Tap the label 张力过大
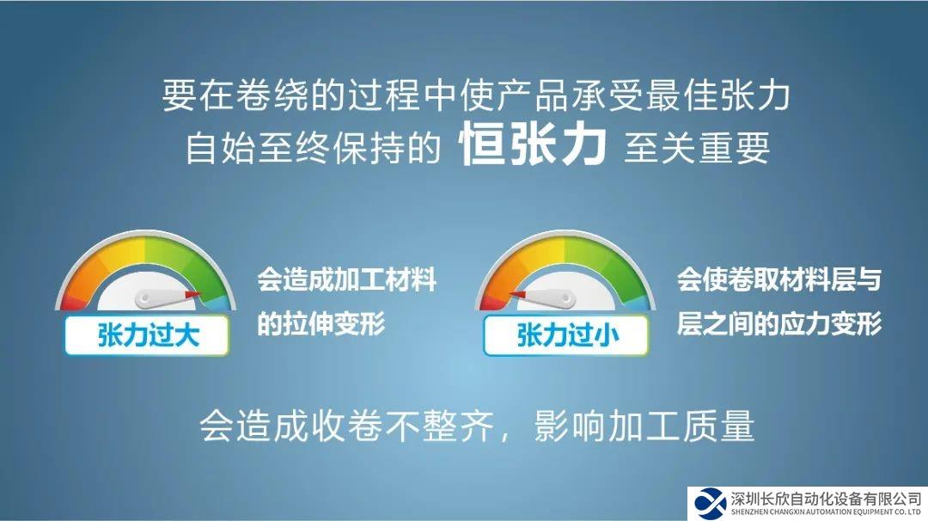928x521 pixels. click(148, 335)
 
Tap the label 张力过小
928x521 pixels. click(567, 335)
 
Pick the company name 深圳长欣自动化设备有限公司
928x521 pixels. click(827, 498)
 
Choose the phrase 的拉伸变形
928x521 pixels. click(321, 323)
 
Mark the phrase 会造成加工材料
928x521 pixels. click(346, 279)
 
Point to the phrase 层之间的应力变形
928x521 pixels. click(778, 323)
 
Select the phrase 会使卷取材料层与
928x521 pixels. click(778, 279)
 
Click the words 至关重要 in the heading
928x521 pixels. click(697, 148)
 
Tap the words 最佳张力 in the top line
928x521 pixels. click(717, 95)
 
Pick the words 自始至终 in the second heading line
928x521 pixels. click(258, 148)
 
